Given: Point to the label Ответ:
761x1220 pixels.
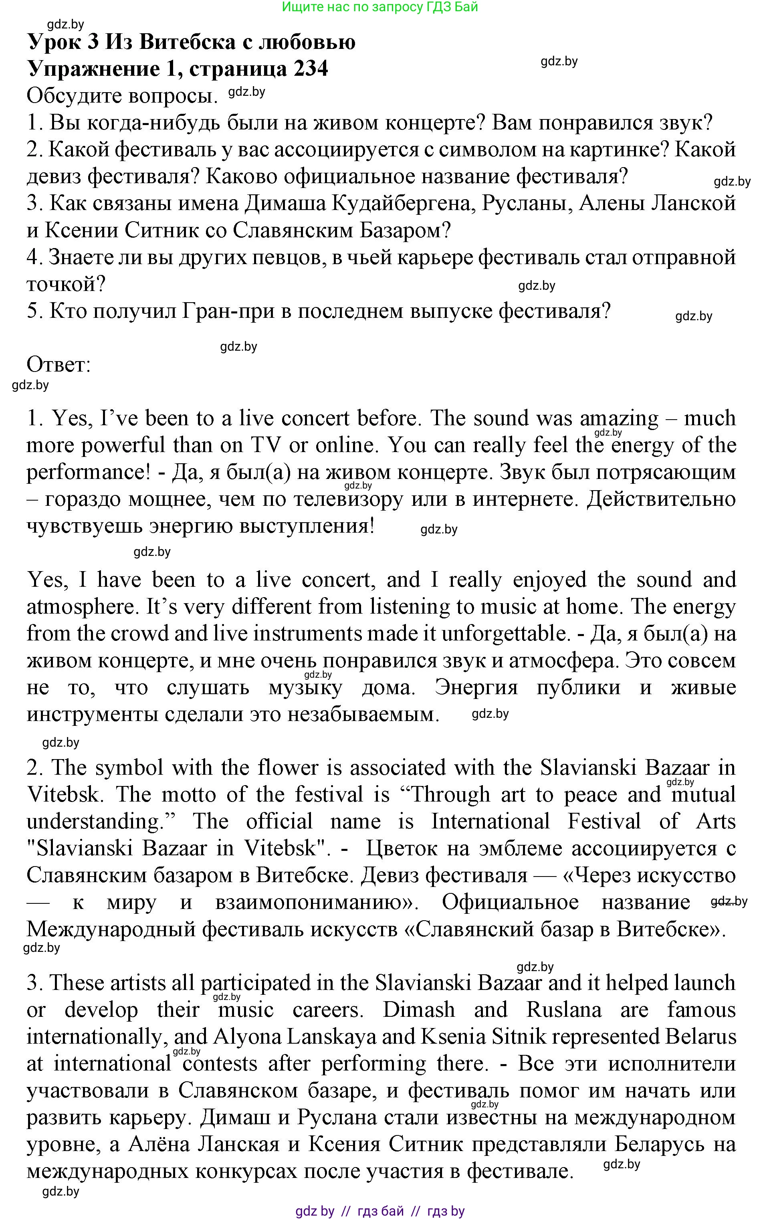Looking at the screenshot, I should pos(59,364).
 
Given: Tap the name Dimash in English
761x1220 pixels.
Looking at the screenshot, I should pos(419,1010).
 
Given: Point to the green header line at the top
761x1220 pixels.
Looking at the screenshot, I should pos(380,7).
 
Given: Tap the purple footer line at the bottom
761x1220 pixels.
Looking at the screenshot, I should pos(380,1211).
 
